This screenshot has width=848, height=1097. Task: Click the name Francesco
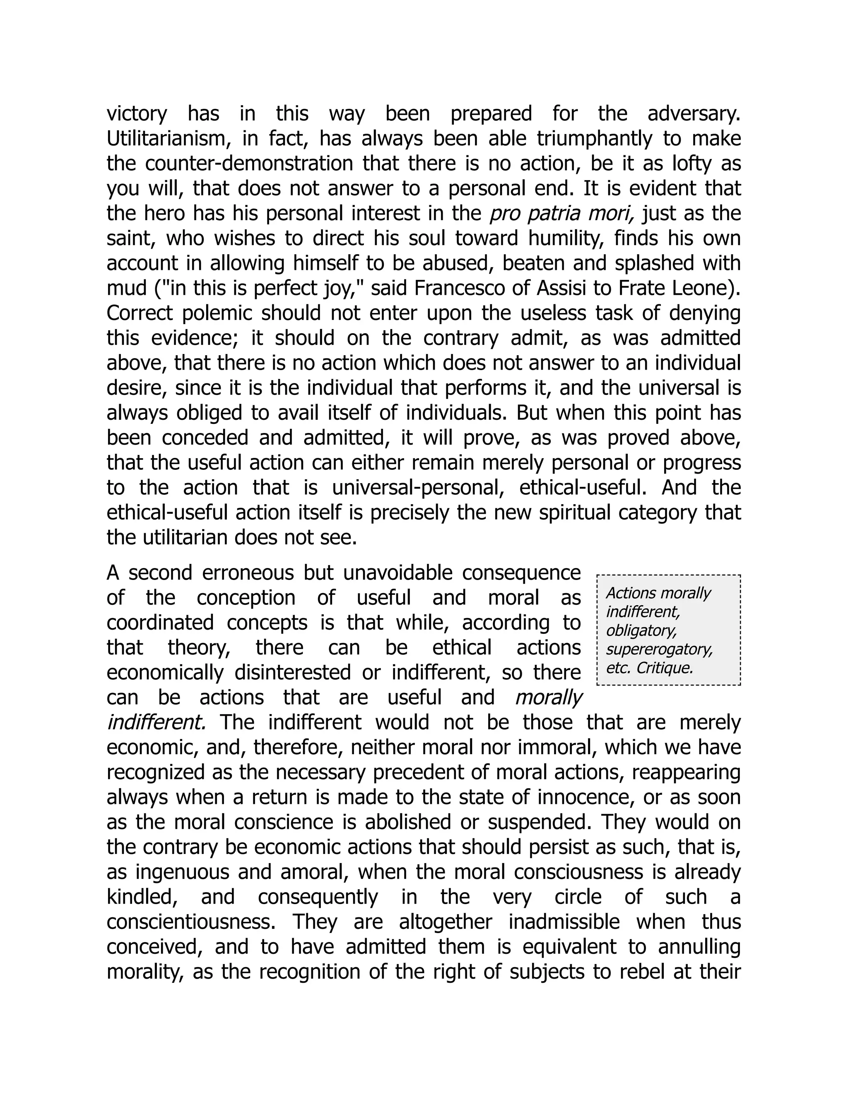448,288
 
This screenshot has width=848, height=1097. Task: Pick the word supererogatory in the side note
659,650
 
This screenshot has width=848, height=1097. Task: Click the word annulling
699,947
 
